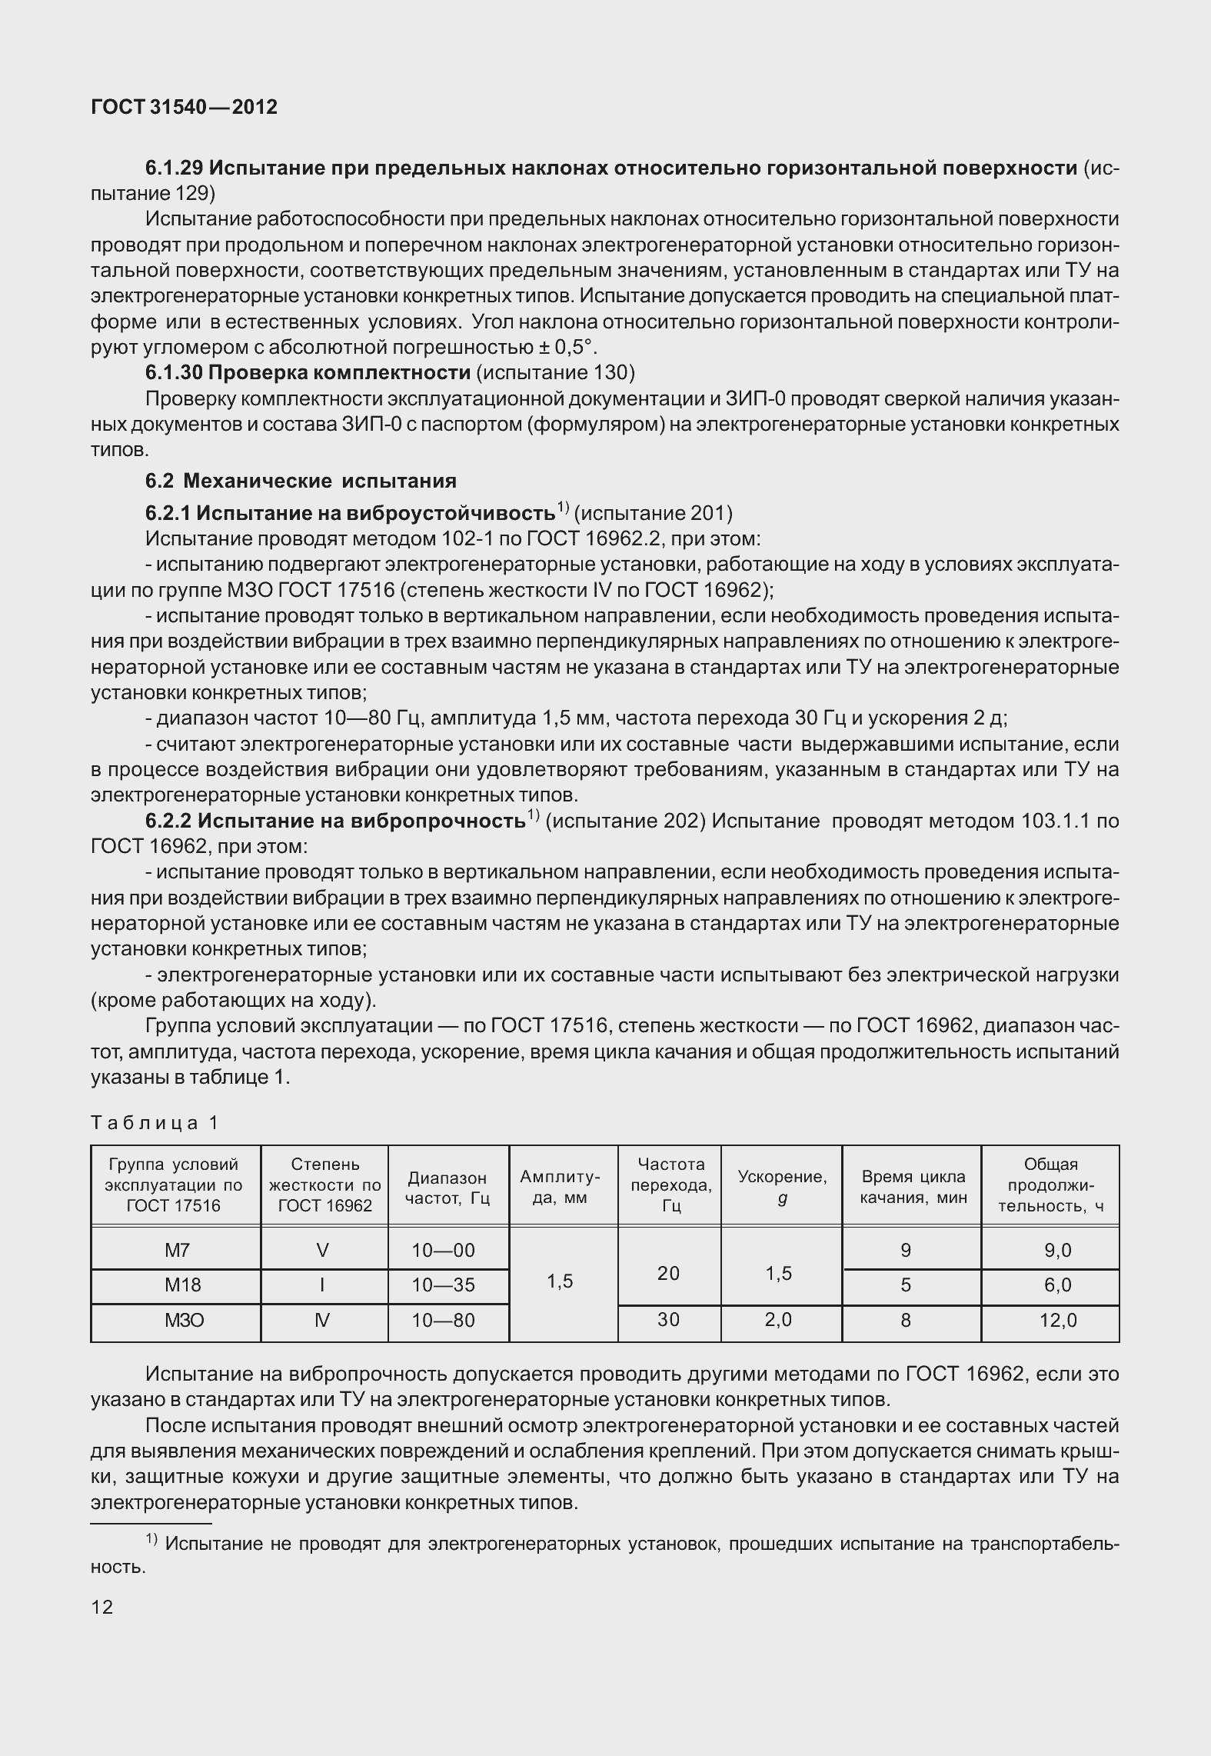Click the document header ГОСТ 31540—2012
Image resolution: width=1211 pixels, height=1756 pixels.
[184, 107]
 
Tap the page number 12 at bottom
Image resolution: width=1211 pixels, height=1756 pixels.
[101, 1606]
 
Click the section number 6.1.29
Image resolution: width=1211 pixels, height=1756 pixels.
[174, 168]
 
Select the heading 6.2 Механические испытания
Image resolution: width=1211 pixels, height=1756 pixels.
[301, 481]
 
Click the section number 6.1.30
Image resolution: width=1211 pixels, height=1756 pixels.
[174, 373]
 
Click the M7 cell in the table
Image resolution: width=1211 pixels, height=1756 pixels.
[176, 1250]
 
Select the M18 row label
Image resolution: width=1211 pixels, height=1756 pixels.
[176, 1285]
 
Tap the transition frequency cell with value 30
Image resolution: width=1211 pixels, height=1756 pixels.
[668, 1320]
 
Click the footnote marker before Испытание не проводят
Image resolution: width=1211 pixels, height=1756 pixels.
[151, 1538]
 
